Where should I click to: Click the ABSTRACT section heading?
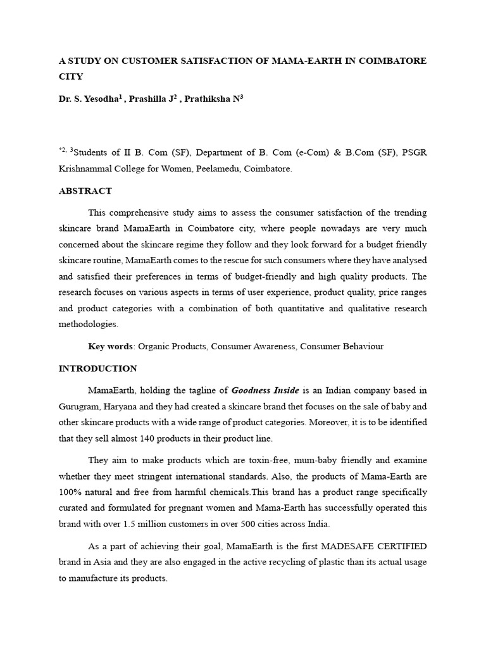pyautogui.click(x=85, y=190)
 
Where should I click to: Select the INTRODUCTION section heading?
pyautogui.click(x=97, y=368)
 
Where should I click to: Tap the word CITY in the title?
pyautogui.click(x=70, y=77)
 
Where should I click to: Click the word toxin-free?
pyautogui.click(x=242, y=459)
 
